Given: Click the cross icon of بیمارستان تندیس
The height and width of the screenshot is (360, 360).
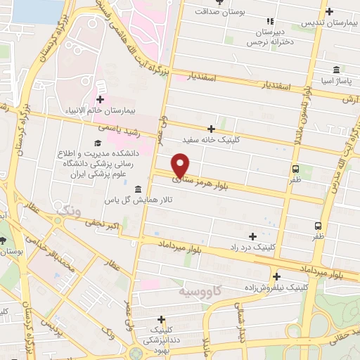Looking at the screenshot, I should pos(330,11).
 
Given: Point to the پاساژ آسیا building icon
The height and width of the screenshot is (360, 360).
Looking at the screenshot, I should pos(337,70).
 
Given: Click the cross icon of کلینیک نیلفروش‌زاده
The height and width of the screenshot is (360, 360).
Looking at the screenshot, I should pos(276,276).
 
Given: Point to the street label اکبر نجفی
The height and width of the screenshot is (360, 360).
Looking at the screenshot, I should pos(105,226).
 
